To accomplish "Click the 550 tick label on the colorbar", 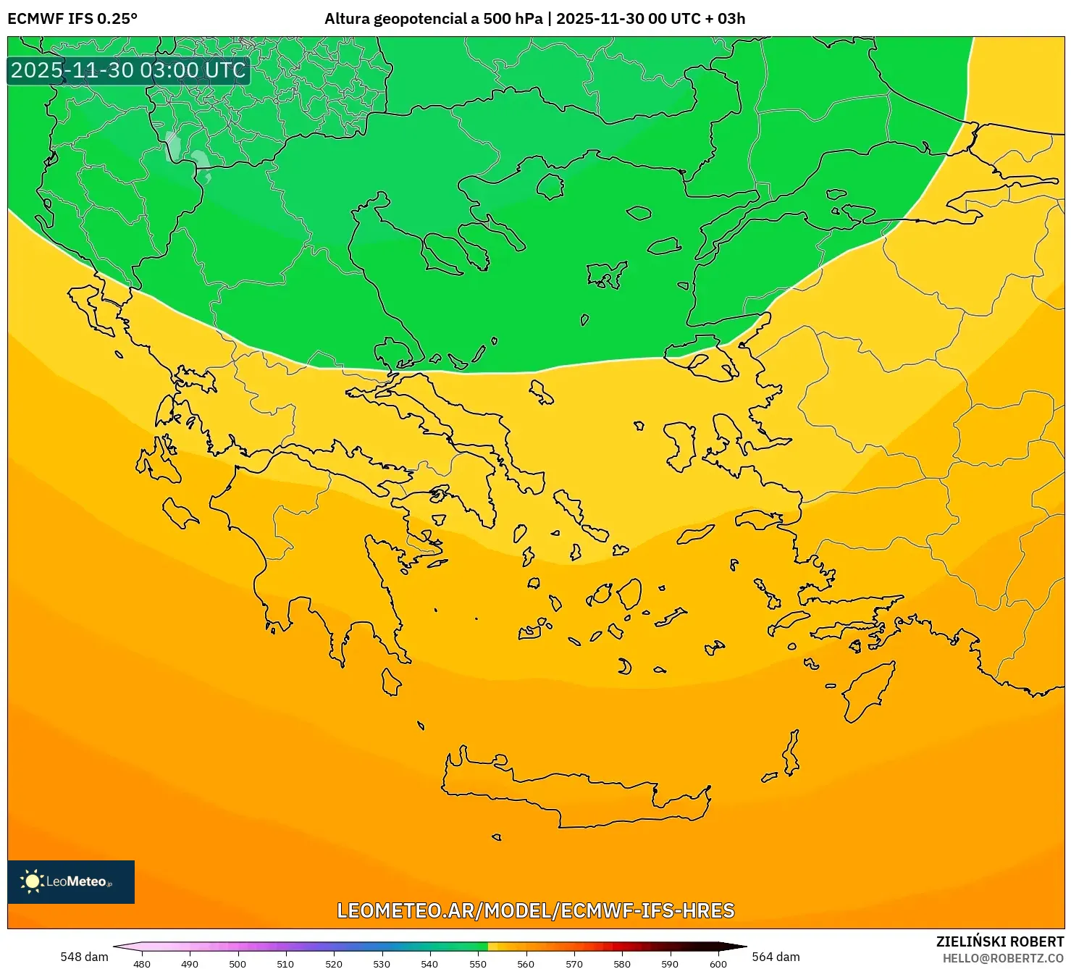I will tap(478, 964).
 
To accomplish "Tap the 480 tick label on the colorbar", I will tap(142, 964).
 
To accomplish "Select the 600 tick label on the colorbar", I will tap(718, 964).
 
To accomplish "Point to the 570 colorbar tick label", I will tap(574, 964).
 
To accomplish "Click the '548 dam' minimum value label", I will tap(84, 957).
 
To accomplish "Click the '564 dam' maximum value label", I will tap(776, 957).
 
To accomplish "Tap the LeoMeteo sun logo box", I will tap(71, 881).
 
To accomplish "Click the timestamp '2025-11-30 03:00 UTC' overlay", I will tap(128, 70).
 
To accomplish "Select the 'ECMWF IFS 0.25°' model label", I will tap(72, 19).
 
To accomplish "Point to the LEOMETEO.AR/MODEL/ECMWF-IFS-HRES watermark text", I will tap(536, 910).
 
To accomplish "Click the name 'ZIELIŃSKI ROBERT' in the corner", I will tap(1000, 942).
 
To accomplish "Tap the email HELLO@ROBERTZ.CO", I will tap(1003, 958).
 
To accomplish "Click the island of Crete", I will tap(572, 793).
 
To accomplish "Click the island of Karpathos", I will tap(791, 753).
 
